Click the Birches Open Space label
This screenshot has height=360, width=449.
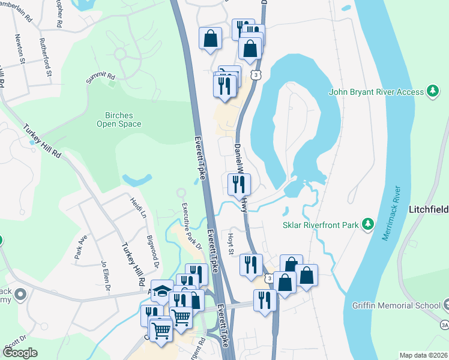click(x=119, y=119)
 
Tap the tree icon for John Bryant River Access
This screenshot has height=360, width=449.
click(x=432, y=92)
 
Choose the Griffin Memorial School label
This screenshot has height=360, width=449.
click(x=396, y=305)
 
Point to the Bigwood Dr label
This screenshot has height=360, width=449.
click(x=153, y=251)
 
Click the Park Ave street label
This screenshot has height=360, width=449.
click(x=81, y=247)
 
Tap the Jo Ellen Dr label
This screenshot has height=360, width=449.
click(x=106, y=276)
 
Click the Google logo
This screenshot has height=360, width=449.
click(x=20, y=353)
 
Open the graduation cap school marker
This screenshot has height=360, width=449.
click(x=161, y=290)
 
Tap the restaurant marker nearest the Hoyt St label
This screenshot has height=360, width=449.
click(x=251, y=264)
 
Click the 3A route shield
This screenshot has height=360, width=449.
click(x=444, y=325)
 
